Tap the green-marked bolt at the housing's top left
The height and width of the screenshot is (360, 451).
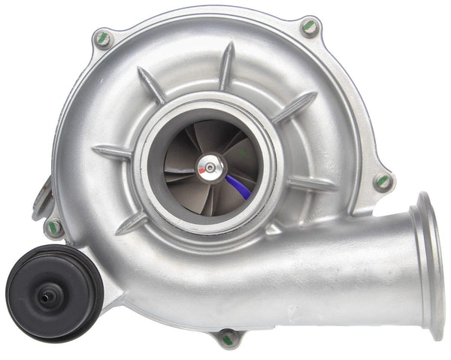[102, 38]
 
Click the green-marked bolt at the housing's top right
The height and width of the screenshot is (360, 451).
[310, 28]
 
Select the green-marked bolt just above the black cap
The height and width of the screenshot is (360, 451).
[53, 225]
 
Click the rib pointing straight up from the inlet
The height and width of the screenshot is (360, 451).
[225, 66]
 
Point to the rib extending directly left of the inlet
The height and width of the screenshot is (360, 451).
[113, 153]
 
